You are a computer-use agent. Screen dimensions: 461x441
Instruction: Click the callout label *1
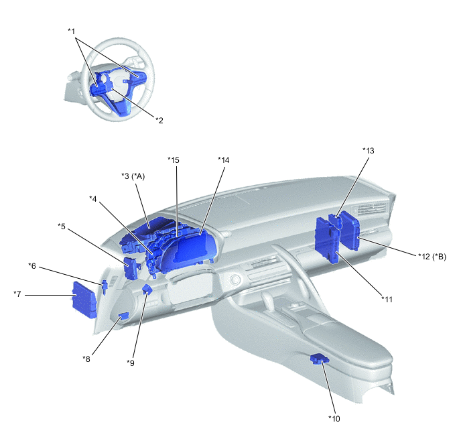(x=72, y=31)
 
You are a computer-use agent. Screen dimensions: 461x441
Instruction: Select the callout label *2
(x=159, y=120)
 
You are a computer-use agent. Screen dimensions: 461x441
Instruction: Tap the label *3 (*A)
(x=133, y=176)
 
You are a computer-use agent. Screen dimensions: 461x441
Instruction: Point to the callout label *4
(x=93, y=199)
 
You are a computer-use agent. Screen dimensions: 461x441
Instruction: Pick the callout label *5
(x=62, y=227)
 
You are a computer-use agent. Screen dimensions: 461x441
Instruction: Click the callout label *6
(x=32, y=266)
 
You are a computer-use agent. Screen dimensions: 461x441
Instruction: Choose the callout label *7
(x=17, y=294)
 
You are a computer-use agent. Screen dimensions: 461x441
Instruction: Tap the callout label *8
(x=86, y=359)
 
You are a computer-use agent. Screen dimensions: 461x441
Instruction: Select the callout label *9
(x=131, y=363)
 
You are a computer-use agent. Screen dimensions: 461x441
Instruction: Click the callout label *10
(x=334, y=418)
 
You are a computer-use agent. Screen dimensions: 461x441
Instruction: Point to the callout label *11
(x=387, y=300)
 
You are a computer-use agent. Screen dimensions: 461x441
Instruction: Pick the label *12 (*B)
(x=432, y=257)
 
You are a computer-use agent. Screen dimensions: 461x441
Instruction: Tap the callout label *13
(x=369, y=151)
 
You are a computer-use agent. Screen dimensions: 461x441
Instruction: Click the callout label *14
(x=223, y=160)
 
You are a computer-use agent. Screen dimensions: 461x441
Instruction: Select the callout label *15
(x=174, y=160)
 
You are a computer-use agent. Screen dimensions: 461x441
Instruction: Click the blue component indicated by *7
(x=84, y=300)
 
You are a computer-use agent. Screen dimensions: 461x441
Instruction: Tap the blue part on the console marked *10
(x=320, y=359)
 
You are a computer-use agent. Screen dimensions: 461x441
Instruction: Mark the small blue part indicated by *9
(x=147, y=290)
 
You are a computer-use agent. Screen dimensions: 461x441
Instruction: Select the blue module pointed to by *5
(x=131, y=268)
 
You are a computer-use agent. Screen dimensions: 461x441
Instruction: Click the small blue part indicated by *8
(x=123, y=316)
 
